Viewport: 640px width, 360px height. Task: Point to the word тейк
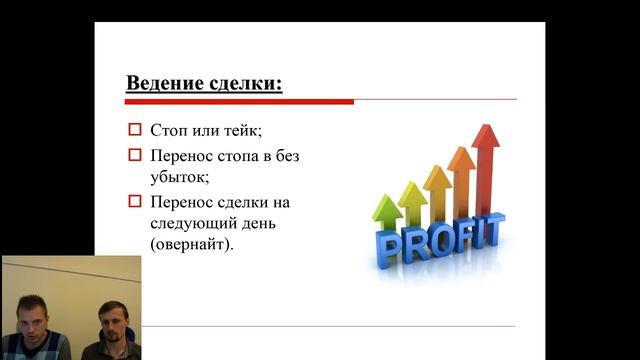245,130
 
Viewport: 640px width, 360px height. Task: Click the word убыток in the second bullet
179,177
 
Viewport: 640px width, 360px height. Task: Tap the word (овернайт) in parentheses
196,244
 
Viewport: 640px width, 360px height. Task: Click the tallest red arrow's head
486,138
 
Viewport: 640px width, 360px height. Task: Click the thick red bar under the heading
239,101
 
